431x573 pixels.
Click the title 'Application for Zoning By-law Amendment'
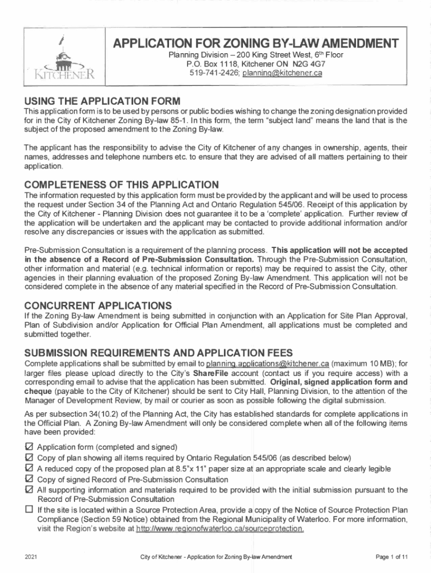tap(256, 44)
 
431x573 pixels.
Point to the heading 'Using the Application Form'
tap(101, 101)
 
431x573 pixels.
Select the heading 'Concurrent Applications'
tap(98, 306)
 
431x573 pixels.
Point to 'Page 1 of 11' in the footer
tap(392, 557)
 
